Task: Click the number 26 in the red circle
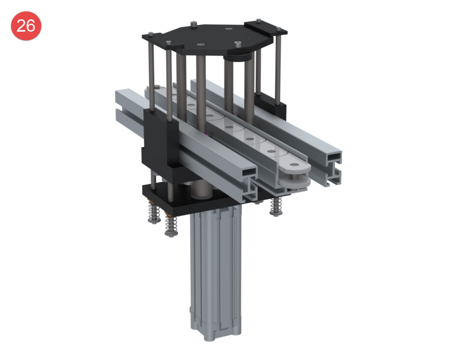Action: click(x=26, y=26)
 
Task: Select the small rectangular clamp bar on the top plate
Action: click(x=265, y=26)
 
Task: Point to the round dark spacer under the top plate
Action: click(x=238, y=57)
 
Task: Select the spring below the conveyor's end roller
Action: click(x=276, y=207)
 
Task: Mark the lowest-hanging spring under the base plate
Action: click(x=171, y=227)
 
